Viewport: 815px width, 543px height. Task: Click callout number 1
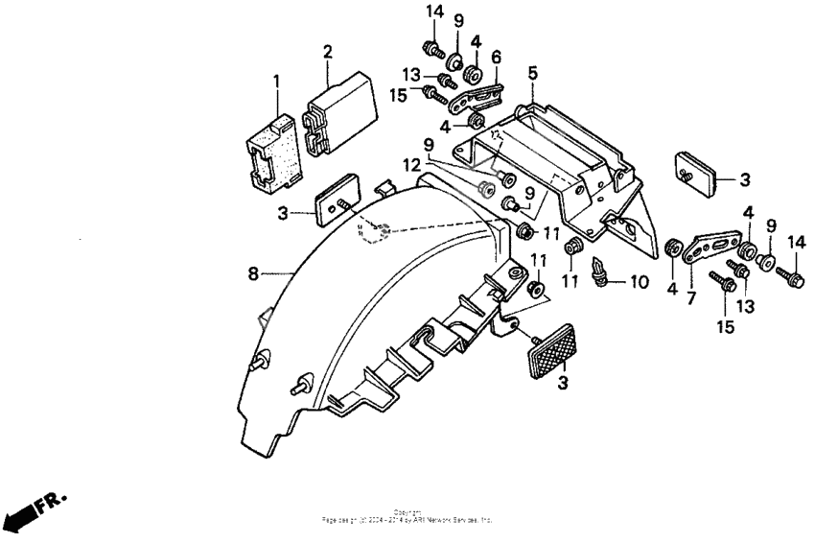point(276,82)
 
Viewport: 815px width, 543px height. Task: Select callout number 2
point(327,50)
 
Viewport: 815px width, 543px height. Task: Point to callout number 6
point(496,57)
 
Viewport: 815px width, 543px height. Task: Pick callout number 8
point(253,274)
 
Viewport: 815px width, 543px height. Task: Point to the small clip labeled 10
point(601,272)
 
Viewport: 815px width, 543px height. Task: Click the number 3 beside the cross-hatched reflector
point(563,383)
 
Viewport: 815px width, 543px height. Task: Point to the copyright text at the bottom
point(407,517)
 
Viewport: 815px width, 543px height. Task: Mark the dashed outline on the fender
point(376,233)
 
